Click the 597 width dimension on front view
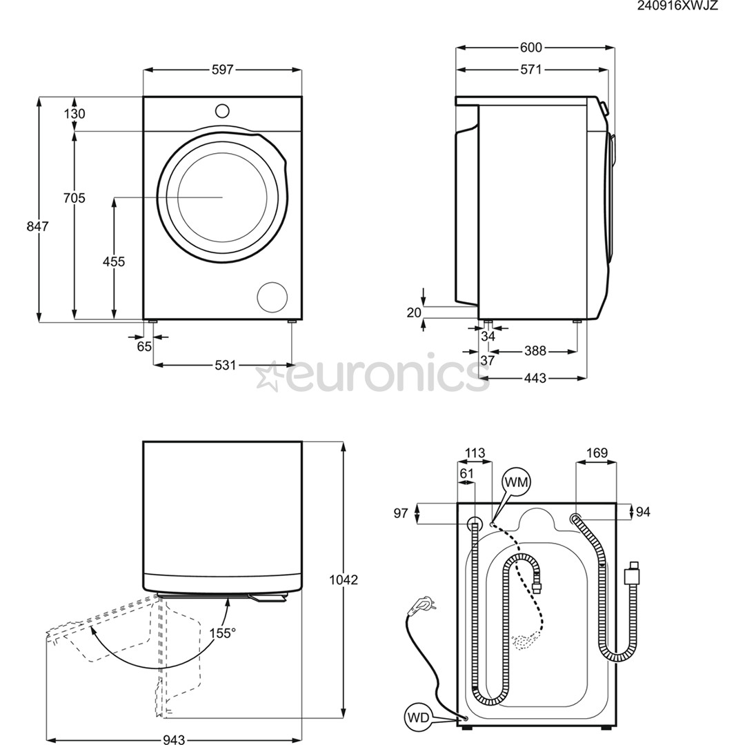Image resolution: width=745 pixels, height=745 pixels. pos(223,70)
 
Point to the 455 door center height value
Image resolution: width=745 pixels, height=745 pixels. pos(114,261)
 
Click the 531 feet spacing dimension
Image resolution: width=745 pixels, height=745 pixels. pos(225,365)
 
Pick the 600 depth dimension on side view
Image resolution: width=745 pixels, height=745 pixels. pos(531,48)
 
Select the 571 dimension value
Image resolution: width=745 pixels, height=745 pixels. pos(531,69)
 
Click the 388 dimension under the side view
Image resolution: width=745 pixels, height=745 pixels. pos(535,351)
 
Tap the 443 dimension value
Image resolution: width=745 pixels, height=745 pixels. pos(535,378)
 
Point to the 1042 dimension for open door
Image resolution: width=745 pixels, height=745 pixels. pos(343,580)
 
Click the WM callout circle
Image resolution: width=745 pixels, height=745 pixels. pos(516,483)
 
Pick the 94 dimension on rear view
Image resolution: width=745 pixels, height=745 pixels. pos(642,511)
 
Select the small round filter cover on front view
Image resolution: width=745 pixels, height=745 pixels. pos(272,297)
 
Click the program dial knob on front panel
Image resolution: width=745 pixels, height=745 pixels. pos(222,110)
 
